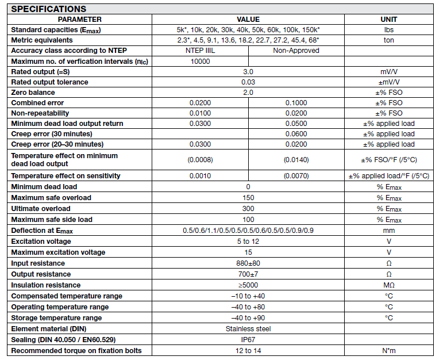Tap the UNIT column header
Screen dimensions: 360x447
(x=389, y=19)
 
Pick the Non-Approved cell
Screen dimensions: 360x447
(x=296, y=51)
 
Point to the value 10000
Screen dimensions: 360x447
(x=200, y=61)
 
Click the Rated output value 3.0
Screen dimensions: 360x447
(x=248, y=71)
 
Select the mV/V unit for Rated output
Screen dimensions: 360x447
(x=389, y=71)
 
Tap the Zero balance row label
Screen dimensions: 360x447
(x=33, y=92)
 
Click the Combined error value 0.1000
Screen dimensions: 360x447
(x=296, y=102)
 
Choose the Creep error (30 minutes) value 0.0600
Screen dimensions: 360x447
(x=296, y=133)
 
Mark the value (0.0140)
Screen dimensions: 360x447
(x=296, y=160)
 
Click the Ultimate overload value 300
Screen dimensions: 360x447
(x=248, y=208)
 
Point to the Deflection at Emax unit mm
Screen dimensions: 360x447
(x=389, y=230)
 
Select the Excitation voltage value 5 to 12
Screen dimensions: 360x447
(x=248, y=242)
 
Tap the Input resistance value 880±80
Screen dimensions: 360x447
(x=248, y=263)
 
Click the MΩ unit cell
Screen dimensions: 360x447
(x=389, y=285)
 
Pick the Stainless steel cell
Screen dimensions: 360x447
(x=248, y=329)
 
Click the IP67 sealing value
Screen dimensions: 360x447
(x=248, y=339)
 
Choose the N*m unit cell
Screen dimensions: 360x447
(x=389, y=350)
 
